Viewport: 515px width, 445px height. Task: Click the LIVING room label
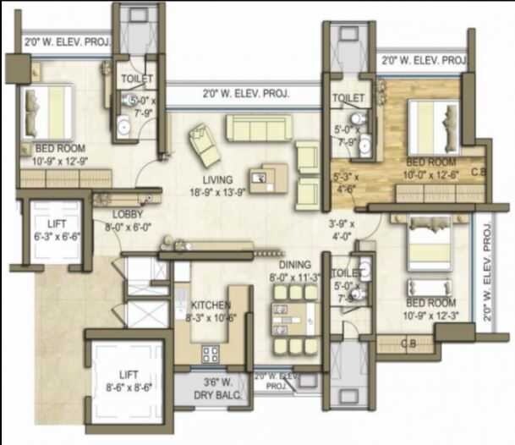point(217,179)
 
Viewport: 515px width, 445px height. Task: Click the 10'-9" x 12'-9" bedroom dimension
point(60,161)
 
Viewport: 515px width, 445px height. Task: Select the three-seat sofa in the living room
point(258,129)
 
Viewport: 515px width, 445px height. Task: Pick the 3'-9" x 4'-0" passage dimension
point(342,230)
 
